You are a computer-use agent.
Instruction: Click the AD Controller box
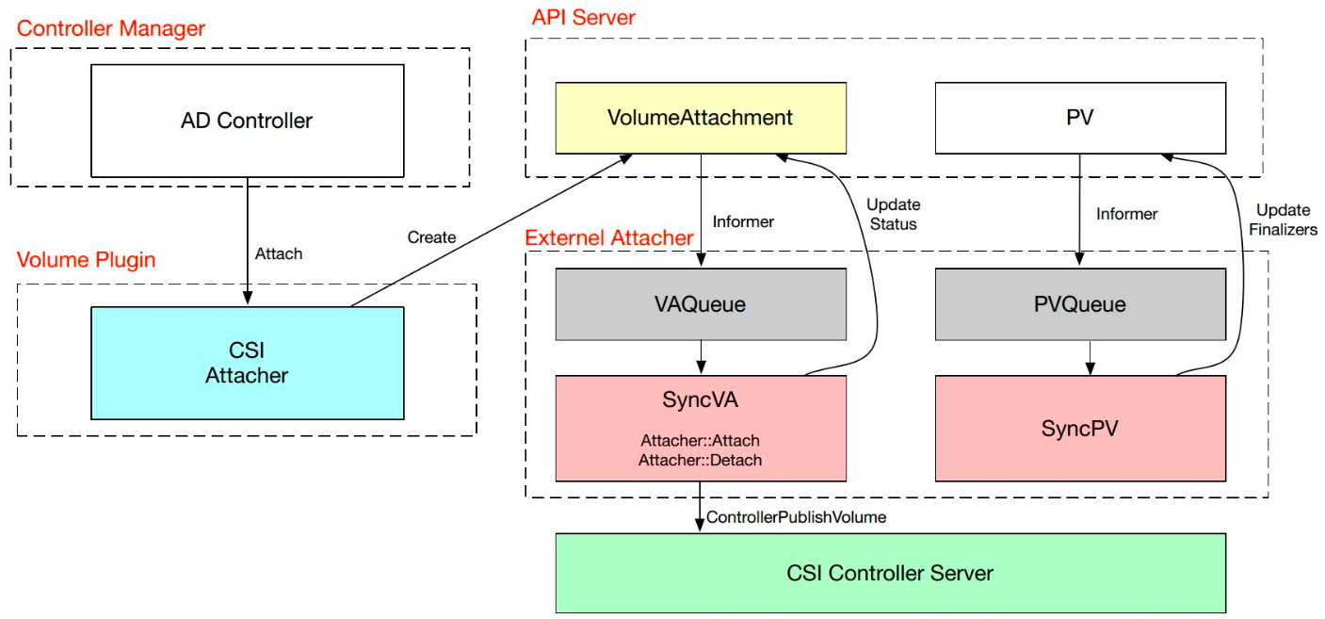click(247, 121)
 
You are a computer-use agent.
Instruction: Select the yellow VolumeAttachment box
click(701, 118)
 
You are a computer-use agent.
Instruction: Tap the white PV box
click(1080, 118)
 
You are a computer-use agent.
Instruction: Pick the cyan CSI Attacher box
click(247, 363)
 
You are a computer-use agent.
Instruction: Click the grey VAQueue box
click(701, 304)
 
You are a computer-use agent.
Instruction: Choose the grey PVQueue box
click(1080, 304)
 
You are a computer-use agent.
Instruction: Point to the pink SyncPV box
click(1080, 429)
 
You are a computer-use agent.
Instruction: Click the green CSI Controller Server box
click(890, 573)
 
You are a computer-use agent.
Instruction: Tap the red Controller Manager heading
click(111, 28)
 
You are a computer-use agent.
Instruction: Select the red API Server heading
click(584, 17)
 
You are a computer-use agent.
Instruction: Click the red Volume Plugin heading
click(87, 259)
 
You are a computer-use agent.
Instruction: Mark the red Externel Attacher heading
click(609, 238)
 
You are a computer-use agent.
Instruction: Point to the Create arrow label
click(432, 237)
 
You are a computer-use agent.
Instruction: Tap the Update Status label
click(893, 214)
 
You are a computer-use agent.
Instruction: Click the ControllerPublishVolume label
click(797, 517)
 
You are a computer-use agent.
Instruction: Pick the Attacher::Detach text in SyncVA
click(700, 461)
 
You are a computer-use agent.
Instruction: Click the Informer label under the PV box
click(1126, 214)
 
